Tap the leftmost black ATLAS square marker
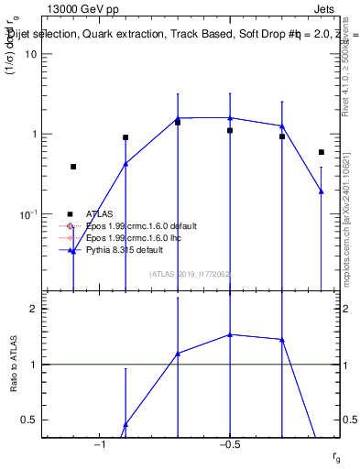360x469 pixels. tap(73, 167)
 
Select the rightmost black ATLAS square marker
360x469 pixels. tap(322, 152)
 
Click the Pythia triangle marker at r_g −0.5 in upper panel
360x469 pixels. tap(230, 117)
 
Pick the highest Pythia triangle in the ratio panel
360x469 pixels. tap(230, 334)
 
